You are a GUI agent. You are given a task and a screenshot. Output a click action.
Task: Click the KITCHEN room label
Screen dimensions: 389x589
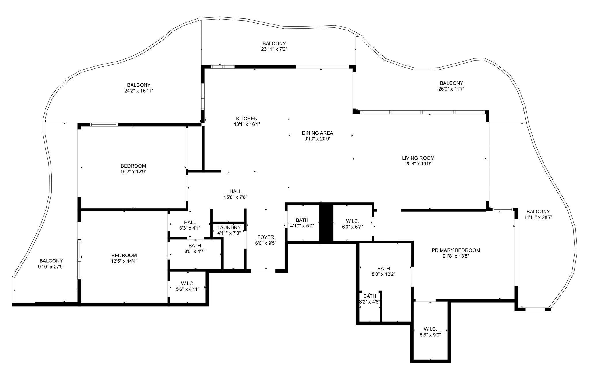coord(246,118)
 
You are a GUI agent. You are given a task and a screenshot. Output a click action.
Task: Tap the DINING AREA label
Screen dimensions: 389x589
coord(317,133)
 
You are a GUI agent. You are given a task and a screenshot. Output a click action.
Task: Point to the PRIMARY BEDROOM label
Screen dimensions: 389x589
coord(456,250)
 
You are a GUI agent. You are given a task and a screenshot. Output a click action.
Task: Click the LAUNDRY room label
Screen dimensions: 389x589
coord(229,227)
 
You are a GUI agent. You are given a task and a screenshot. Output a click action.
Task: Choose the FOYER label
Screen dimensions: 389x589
coord(265,237)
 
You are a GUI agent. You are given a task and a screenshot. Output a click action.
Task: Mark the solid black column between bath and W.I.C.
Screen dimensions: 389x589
coord(326,223)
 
